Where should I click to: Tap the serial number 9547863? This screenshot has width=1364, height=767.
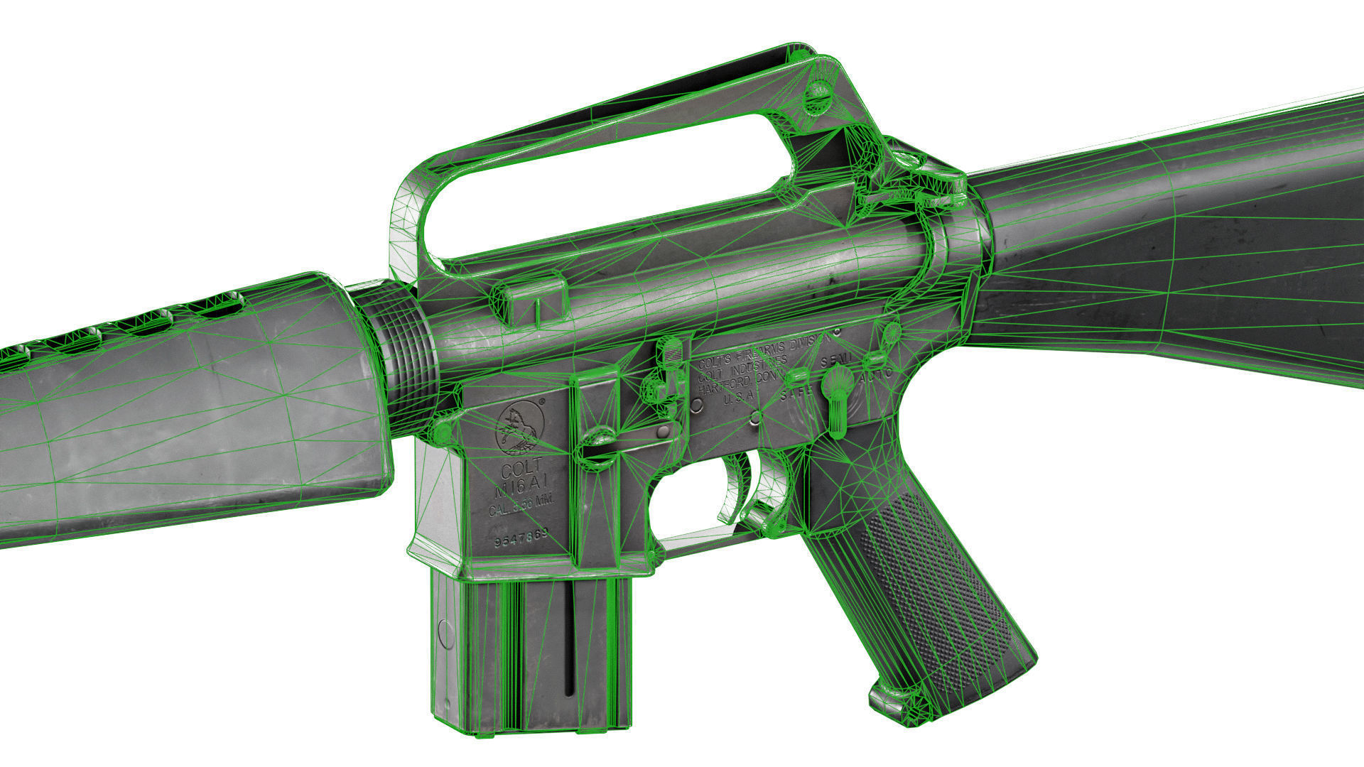coord(521,538)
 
